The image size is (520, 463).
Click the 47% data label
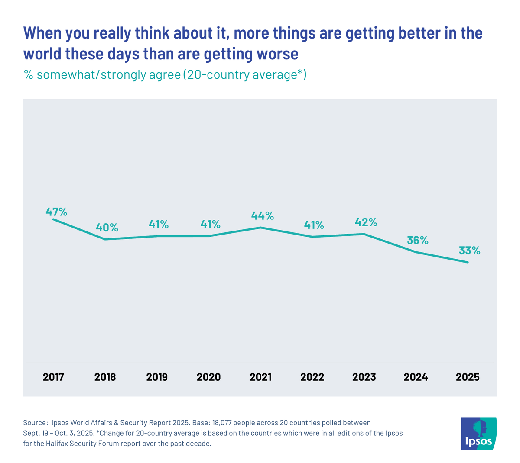coord(57,212)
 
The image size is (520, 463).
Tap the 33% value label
coord(470,251)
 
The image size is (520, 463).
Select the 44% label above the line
coord(263,215)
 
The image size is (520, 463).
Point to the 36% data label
coord(418,240)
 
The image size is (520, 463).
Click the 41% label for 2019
coord(159,224)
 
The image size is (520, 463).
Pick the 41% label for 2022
coord(314,225)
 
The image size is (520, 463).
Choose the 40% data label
coord(107,227)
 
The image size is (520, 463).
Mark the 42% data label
coord(366,222)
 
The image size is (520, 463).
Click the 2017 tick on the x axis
coord(53,377)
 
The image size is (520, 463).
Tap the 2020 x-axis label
coord(208,377)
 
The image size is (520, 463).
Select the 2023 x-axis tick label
coord(364,377)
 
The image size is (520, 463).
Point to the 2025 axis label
coord(468,377)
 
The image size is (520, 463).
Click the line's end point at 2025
coord(468,262)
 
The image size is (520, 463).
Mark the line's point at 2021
coord(260,228)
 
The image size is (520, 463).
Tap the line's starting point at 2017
coord(53,219)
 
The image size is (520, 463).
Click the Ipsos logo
coord(479,433)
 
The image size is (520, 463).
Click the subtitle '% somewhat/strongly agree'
coord(102,75)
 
